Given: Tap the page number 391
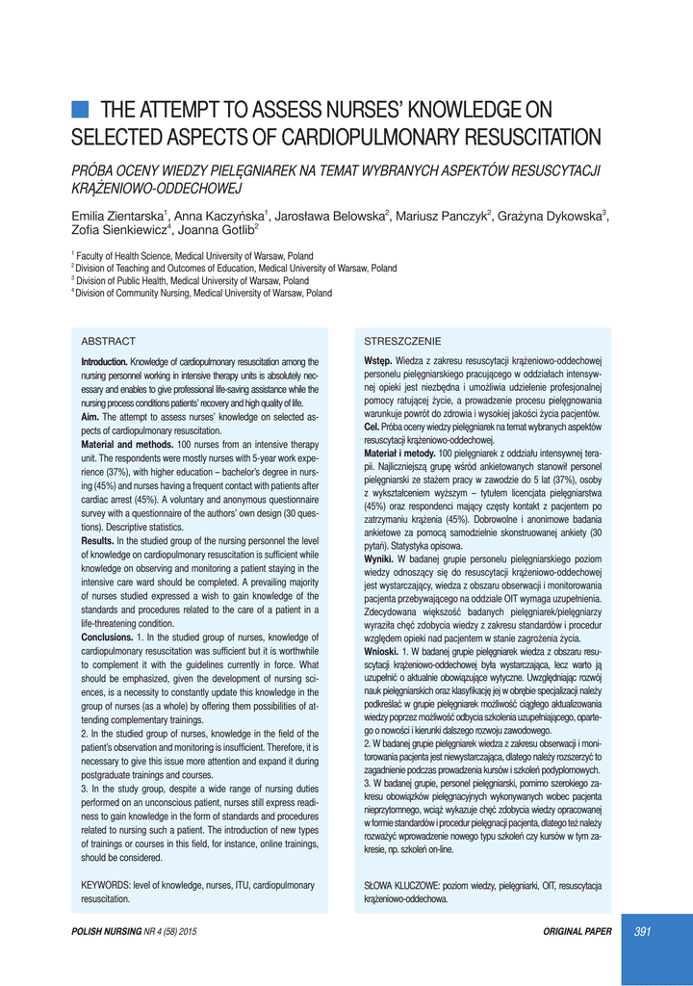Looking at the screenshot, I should pyautogui.click(x=642, y=931).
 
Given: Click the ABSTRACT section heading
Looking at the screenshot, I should pyautogui.click(x=108, y=341).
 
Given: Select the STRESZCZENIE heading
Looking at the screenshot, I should pyautogui.click(x=402, y=341).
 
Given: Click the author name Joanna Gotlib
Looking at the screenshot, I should pyautogui.click(x=216, y=230).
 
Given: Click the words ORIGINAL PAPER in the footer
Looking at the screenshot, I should pyautogui.click(x=577, y=931).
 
